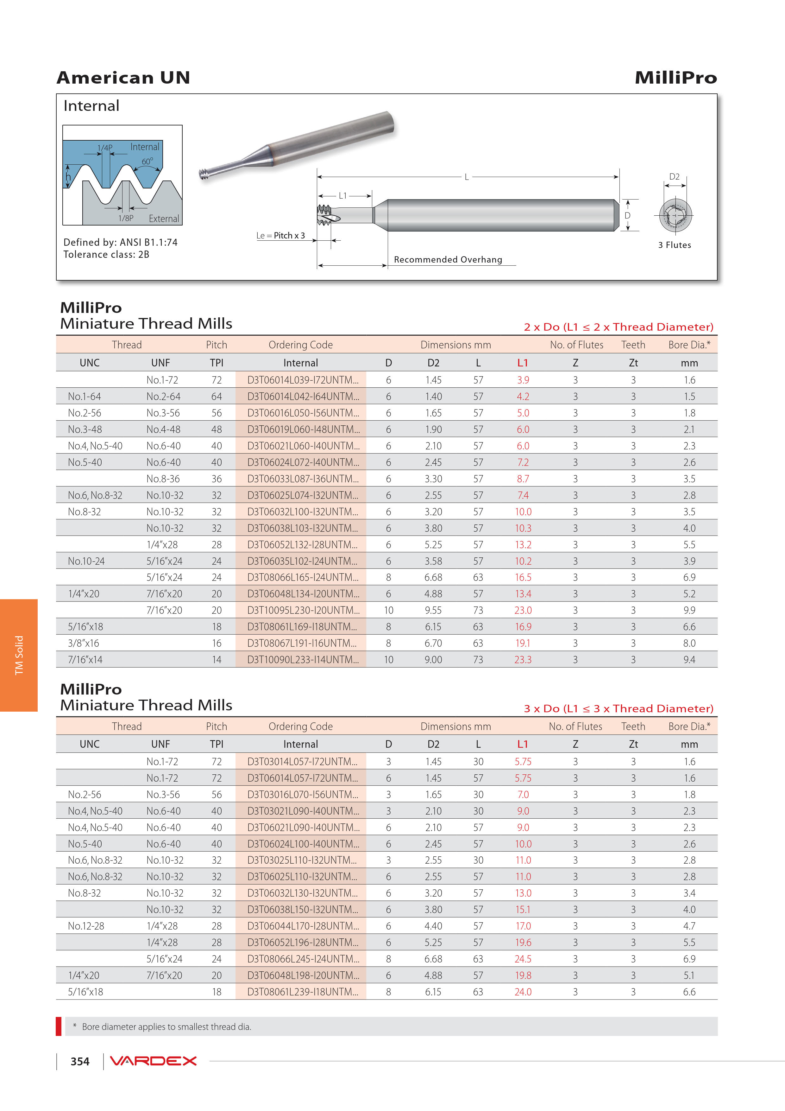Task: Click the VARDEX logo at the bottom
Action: [x=153, y=1061]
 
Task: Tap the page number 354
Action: [x=80, y=1061]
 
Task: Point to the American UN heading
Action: [x=123, y=77]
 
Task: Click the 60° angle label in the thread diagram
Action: [x=147, y=161]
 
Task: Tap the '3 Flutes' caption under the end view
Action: [x=674, y=245]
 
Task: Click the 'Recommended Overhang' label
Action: [x=448, y=259]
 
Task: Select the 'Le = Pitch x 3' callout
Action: [x=280, y=236]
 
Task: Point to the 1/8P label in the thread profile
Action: [x=126, y=218]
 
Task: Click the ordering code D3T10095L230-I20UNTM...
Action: [x=303, y=610]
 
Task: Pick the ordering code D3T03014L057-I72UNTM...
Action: [x=303, y=761]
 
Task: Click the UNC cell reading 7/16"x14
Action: [x=85, y=659]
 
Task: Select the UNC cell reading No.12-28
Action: [x=86, y=926]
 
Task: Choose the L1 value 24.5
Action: [x=523, y=959]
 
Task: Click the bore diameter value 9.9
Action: [x=689, y=610]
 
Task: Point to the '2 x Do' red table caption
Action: [x=618, y=327]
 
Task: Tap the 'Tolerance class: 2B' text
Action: [x=106, y=255]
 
